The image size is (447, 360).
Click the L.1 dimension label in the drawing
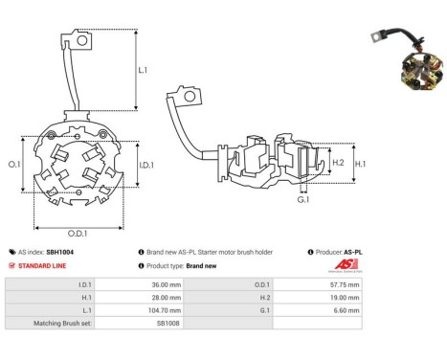[143, 71]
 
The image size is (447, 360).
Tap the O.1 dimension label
[13, 165]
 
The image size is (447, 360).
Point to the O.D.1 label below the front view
[78, 234]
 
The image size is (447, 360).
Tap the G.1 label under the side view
[302, 200]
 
